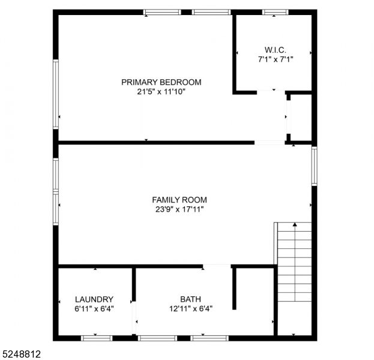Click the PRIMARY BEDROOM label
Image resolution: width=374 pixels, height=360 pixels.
161,82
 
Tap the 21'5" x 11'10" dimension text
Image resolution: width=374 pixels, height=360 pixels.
161,92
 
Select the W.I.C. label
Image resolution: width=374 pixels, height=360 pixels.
276,50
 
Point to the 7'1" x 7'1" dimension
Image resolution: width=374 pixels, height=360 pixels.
276,59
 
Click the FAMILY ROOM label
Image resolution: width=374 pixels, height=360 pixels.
179,200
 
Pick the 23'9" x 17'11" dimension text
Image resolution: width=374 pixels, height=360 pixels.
179,209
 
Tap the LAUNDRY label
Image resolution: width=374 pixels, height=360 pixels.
94,299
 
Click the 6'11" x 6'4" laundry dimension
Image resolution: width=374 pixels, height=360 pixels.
94,309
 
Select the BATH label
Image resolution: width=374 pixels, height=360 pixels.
190,299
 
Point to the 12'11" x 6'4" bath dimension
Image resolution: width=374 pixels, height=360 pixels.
191,309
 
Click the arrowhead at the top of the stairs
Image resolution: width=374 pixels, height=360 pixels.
295,224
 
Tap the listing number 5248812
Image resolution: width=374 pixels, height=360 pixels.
20,354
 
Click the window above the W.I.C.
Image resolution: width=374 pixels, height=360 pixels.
276,12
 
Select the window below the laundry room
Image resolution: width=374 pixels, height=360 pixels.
97,338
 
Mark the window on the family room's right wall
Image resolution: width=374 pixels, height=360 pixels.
315,166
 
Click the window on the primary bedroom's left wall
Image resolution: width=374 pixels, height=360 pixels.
56,94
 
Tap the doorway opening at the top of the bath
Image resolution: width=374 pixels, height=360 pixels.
217,266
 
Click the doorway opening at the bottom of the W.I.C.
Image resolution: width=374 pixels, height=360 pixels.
271,92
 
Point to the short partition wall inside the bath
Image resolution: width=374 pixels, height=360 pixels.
234,289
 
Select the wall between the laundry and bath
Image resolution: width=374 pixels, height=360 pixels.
134,284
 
